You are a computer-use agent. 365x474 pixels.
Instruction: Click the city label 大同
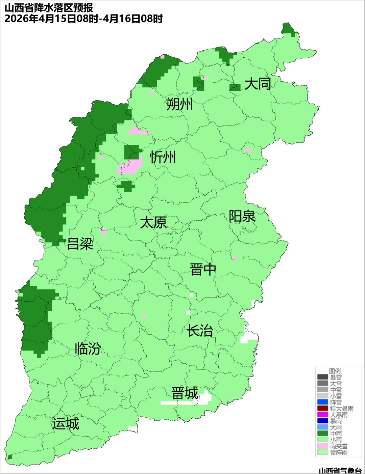click(258, 83)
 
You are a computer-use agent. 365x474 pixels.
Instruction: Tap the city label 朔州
click(179, 104)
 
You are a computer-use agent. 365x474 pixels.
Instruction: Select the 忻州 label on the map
click(163, 157)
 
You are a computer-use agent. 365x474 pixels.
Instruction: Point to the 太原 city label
click(153, 223)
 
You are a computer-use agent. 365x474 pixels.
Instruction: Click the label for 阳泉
click(242, 216)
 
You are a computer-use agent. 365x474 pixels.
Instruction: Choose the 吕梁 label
click(80, 244)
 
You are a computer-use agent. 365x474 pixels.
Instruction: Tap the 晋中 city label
click(203, 270)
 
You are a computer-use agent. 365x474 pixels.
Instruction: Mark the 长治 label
click(200, 331)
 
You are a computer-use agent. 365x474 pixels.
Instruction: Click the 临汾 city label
click(88, 348)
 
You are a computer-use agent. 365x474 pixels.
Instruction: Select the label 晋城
click(185, 393)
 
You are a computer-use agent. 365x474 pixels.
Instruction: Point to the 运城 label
click(66, 424)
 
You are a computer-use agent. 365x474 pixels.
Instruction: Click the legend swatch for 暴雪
click(323, 377)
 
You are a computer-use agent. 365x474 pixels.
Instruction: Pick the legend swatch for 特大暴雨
click(323, 409)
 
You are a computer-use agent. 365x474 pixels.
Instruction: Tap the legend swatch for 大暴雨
click(323, 415)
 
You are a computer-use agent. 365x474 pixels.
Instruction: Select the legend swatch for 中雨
click(323, 434)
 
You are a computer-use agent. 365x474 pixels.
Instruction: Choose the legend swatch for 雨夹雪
click(323, 446)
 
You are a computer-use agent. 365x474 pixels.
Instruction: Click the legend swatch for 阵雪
click(323, 402)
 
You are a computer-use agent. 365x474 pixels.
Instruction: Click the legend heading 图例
click(335, 371)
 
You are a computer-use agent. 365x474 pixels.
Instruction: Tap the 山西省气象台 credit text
click(340, 470)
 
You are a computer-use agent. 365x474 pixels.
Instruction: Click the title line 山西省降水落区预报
click(49, 7)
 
